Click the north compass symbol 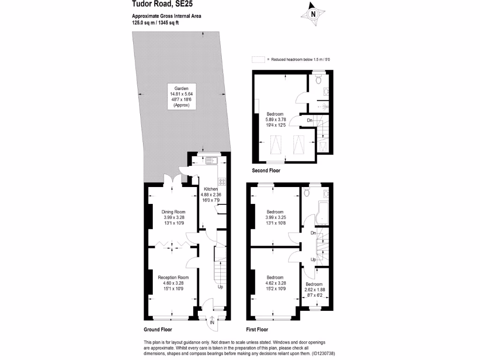(314, 13)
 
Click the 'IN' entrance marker (212, 322)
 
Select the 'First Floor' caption (257, 330)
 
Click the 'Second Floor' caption (266, 171)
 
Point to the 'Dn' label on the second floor (310, 120)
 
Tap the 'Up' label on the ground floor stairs (220, 286)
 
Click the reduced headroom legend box (258, 60)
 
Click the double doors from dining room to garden (170, 180)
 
